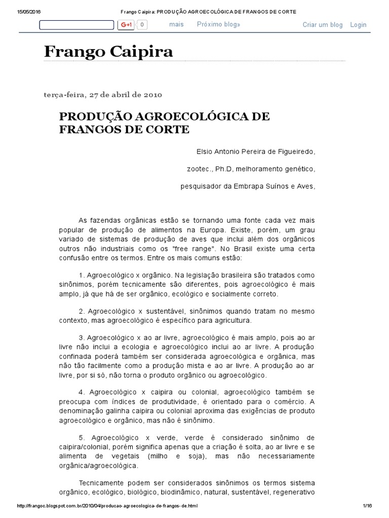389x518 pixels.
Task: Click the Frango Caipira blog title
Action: click(108, 51)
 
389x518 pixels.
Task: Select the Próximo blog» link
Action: click(218, 24)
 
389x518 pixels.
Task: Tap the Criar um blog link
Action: click(323, 25)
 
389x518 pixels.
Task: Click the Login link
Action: click(358, 25)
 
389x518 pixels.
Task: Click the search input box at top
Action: click(76, 25)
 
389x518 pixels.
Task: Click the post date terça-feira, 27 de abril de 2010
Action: click(103, 95)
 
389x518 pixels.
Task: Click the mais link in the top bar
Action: click(176, 24)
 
